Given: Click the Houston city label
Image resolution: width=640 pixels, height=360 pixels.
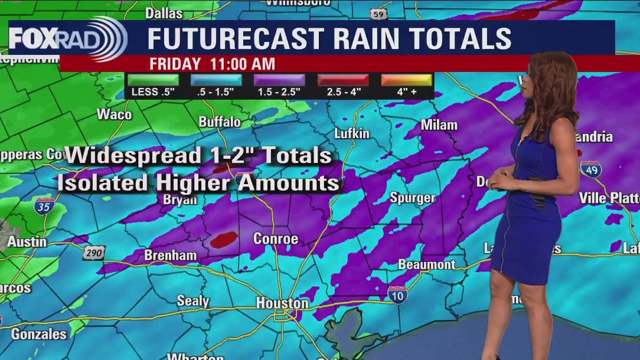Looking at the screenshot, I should (x=282, y=303).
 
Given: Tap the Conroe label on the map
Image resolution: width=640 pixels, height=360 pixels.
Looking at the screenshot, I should (x=276, y=238).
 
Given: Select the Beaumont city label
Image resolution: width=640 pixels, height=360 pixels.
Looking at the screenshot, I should (x=426, y=264).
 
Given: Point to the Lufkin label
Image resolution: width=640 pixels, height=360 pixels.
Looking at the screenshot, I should (x=352, y=133).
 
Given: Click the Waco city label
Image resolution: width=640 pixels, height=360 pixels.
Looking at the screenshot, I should (x=114, y=114).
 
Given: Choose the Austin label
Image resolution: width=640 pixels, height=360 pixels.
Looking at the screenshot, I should (x=27, y=242).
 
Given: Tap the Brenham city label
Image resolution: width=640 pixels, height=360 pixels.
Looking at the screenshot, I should (x=171, y=256).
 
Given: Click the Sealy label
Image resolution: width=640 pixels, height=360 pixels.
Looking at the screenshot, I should (x=193, y=300).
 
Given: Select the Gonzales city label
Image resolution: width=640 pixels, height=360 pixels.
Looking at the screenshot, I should (x=39, y=334).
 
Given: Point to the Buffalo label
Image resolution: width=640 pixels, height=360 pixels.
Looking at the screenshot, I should (x=220, y=122).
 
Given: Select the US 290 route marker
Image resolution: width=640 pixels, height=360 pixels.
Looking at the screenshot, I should (x=94, y=253).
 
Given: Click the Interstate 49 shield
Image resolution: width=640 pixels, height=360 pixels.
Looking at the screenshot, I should (x=590, y=169).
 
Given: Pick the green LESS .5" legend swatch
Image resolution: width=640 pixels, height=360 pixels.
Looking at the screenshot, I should (x=152, y=80).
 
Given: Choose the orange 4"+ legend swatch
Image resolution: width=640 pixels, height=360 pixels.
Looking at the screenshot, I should (x=406, y=80).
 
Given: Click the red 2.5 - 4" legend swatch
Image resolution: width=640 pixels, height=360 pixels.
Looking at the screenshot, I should (x=343, y=80).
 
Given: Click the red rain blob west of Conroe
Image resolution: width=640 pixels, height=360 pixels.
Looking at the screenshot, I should (x=224, y=239).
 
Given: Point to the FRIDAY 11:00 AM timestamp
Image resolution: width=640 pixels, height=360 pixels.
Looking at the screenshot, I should (x=212, y=64).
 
